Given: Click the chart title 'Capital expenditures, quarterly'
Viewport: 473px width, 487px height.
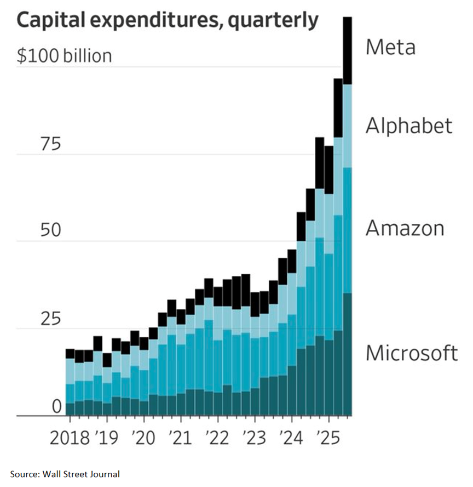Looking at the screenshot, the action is (x=168, y=21).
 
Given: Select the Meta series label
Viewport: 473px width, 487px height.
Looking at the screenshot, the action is (x=390, y=47).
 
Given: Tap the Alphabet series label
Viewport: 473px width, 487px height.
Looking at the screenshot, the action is (x=409, y=126).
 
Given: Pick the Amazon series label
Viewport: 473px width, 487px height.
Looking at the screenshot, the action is (x=405, y=228).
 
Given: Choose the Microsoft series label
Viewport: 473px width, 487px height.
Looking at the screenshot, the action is (x=412, y=353).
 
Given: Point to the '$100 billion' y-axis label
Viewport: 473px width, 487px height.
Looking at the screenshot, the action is (x=64, y=56).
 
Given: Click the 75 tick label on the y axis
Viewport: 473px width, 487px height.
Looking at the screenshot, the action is (x=51, y=144).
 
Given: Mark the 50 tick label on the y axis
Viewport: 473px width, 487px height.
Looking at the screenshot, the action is (x=51, y=230).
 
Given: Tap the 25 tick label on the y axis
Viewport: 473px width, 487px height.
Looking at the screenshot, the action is (x=51, y=319).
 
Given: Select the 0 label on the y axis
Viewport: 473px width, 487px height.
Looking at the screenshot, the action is (x=57, y=406).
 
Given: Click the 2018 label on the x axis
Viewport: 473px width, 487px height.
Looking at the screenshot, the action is (x=70, y=438).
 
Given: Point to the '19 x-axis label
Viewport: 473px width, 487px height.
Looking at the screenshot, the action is (x=107, y=438).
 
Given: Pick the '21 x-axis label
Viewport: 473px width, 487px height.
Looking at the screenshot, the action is (x=181, y=438).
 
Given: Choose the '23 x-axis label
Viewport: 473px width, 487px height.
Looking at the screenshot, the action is (x=255, y=438).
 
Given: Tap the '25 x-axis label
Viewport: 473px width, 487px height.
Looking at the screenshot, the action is (x=328, y=438).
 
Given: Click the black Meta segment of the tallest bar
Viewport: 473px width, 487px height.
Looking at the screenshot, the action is (x=347, y=50).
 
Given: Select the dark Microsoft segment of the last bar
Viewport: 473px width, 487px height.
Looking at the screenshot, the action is (x=347, y=354).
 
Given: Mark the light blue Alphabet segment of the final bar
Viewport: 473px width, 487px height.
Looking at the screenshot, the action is (x=347, y=126).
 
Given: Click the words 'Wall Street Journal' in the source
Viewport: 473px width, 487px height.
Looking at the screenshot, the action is (x=81, y=474).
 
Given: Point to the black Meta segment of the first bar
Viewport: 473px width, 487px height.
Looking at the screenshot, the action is (x=70, y=354).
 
